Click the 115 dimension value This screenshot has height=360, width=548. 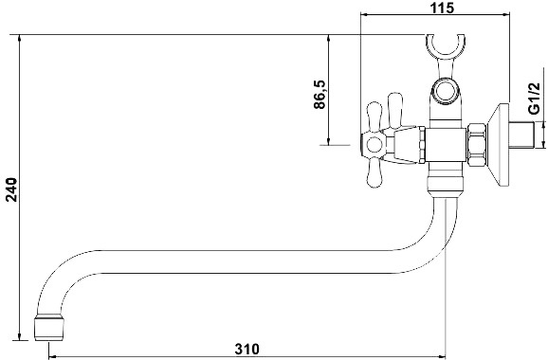click(x=442, y=8)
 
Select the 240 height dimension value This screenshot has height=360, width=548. click(x=11, y=189)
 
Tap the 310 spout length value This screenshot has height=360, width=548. click(x=247, y=350)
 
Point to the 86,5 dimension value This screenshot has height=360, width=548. click(x=320, y=95)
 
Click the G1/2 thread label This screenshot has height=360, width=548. click(x=534, y=99)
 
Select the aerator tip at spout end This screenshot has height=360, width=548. click(x=49, y=329)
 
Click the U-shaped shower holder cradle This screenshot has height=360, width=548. click(x=446, y=45)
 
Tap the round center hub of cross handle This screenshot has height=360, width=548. click(x=374, y=145)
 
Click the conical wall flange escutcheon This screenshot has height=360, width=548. click(x=498, y=144)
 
